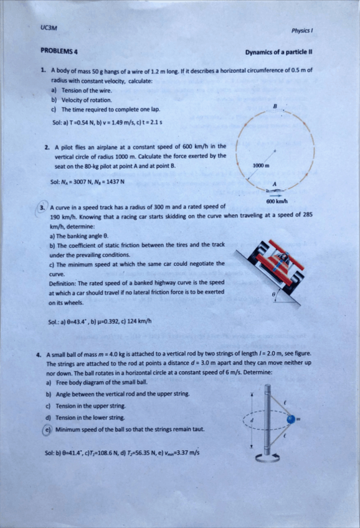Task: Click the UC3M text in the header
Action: tap(49, 27)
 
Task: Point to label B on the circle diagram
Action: tap(274, 106)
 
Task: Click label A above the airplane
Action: tap(273, 182)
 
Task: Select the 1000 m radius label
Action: tap(260, 165)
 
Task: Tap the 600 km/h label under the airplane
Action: tap(275, 202)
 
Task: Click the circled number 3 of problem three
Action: tap(42, 207)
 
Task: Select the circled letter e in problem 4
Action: tap(47, 429)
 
